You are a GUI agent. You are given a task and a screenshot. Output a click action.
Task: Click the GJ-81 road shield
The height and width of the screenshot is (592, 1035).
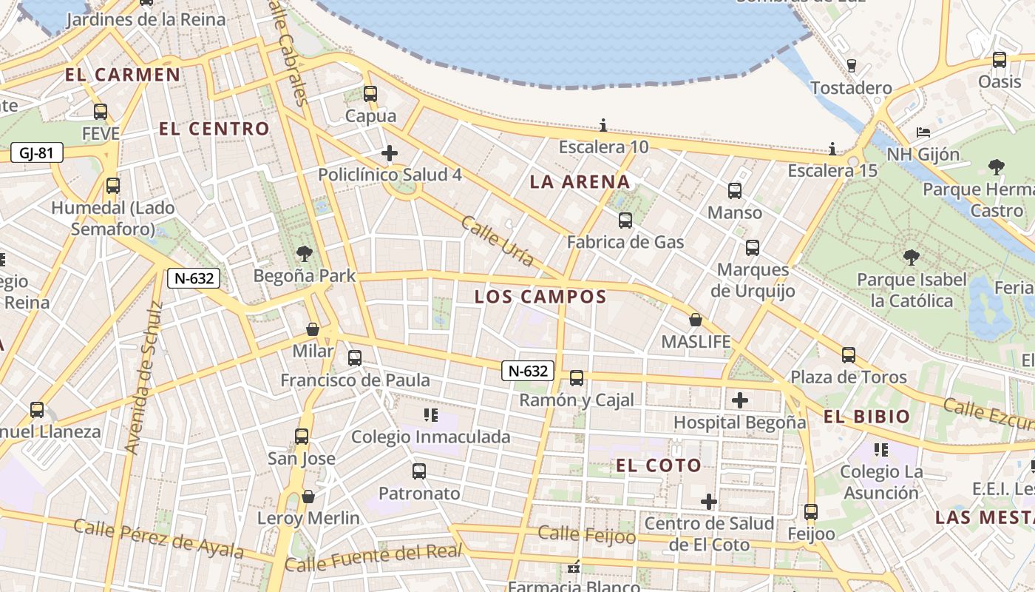(x=36, y=153)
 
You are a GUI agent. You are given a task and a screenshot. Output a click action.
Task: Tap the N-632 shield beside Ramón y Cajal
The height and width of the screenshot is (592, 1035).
(x=528, y=371)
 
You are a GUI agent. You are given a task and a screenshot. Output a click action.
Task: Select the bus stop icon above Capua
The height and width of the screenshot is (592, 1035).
(x=370, y=94)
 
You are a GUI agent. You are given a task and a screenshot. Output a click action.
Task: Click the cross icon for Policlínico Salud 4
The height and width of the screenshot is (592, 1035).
(x=390, y=153)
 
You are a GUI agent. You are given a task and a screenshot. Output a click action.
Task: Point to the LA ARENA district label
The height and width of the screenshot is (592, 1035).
(x=580, y=182)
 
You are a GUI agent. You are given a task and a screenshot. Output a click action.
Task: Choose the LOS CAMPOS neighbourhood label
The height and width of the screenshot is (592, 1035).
(x=540, y=297)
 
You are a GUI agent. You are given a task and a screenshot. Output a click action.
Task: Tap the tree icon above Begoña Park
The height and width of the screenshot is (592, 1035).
(x=304, y=255)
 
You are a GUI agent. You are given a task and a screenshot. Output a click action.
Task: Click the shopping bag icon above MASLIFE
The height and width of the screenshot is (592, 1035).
(x=696, y=320)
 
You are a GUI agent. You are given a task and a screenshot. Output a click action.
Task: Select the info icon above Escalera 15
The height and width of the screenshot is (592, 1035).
(x=832, y=149)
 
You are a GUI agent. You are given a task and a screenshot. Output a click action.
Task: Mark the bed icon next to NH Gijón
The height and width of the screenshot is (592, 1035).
(x=923, y=132)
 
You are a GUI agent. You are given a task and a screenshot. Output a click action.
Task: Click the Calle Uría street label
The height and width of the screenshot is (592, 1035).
(x=498, y=240)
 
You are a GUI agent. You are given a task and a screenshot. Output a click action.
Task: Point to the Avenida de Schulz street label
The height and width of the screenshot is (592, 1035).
(x=144, y=377)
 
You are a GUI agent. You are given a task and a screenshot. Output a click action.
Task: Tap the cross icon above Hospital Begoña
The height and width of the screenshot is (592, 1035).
(x=740, y=400)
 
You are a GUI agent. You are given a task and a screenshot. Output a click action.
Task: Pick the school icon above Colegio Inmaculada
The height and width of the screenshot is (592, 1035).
(x=430, y=414)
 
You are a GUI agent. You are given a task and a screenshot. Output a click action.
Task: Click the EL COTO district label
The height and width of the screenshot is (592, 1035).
(x=659, y=465)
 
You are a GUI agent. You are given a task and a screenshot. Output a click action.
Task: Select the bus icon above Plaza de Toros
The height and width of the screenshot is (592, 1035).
(x=849, y=355)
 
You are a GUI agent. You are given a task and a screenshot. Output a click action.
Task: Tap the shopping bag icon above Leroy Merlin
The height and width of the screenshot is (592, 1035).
(x=308, y=496)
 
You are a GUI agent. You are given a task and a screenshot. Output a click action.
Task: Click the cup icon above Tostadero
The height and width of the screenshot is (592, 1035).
(x=851, y=65)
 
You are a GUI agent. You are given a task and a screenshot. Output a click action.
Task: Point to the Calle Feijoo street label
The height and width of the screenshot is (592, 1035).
(x=586, y=534)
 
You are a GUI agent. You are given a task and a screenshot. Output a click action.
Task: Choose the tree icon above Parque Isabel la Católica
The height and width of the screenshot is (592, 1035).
(x=912, y=258)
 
